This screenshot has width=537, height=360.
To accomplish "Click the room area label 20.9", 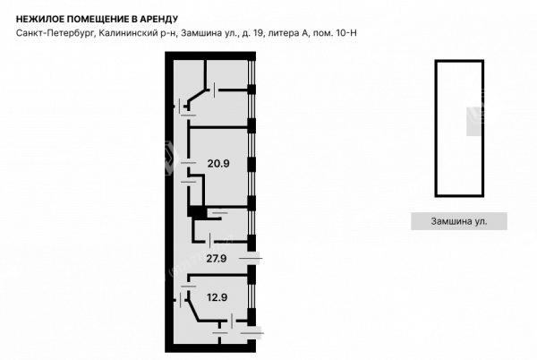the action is (218, 163).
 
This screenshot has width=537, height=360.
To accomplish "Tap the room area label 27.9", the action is (216, 258).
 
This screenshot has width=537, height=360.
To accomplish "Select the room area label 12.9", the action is (217, 297).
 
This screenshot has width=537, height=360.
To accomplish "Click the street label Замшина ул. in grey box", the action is (458, 221).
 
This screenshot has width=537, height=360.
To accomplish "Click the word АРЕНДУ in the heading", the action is (158, 19).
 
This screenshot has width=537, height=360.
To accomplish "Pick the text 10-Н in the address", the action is (345, 33).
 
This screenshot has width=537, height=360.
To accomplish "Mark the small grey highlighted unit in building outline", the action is (474, 122).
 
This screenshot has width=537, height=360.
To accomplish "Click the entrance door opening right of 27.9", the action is (251, 258).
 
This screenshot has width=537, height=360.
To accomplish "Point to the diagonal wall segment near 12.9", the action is (192, 311).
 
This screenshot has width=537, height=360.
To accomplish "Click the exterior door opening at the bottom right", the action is (251, 332).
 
